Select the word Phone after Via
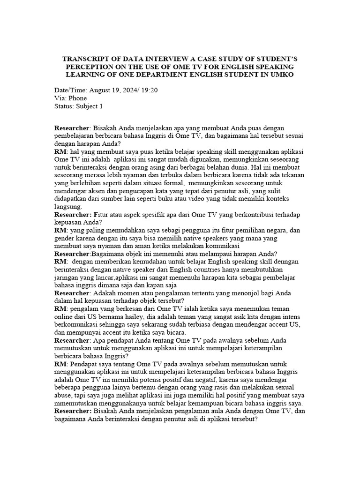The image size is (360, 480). (x=77, y=98)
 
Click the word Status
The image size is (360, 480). (x=64, y=106)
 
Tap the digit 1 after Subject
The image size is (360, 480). (x=100, y=106)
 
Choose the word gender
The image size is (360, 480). (x=65, y=238)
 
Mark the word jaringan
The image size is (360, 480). (x=68, y=277)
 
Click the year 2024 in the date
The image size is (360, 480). (x=128, y=90)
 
